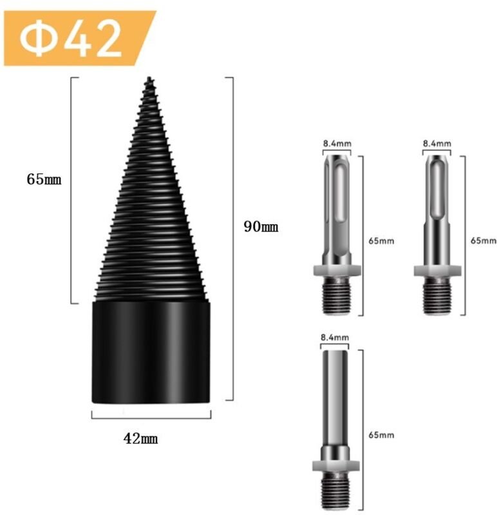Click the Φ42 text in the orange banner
coord(71,38)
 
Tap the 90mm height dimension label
coord(261,227)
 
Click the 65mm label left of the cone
coord(44,179)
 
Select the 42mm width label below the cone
coord(140,438)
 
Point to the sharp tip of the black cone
coord(149,79)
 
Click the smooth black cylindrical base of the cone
coord(151,352)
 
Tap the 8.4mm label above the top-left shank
coord(337,144)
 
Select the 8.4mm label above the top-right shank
coord(436,144)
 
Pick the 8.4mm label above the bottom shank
coord(335,337)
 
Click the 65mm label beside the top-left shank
coord(381,241)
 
